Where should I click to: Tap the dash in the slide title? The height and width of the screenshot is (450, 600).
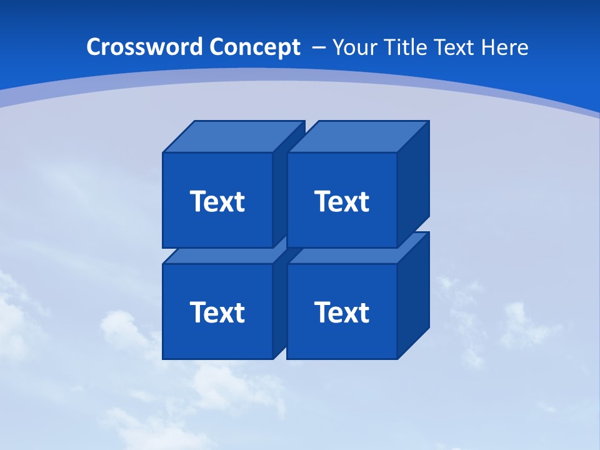318,47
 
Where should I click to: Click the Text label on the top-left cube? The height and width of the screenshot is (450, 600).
217,201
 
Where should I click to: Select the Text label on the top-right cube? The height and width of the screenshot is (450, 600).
342,201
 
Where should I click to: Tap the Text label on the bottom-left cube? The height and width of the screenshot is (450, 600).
217,312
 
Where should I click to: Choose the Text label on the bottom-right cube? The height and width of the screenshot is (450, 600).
342,312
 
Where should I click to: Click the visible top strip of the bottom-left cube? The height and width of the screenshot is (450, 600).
219,257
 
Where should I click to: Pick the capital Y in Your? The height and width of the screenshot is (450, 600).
338,47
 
